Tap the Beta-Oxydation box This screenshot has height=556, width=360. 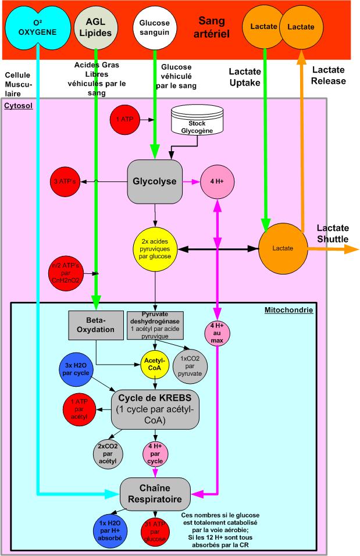pyautogui.click(x=97, y=326)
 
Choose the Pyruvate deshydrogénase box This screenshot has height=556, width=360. pyautogui.click(x=155, y=325)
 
